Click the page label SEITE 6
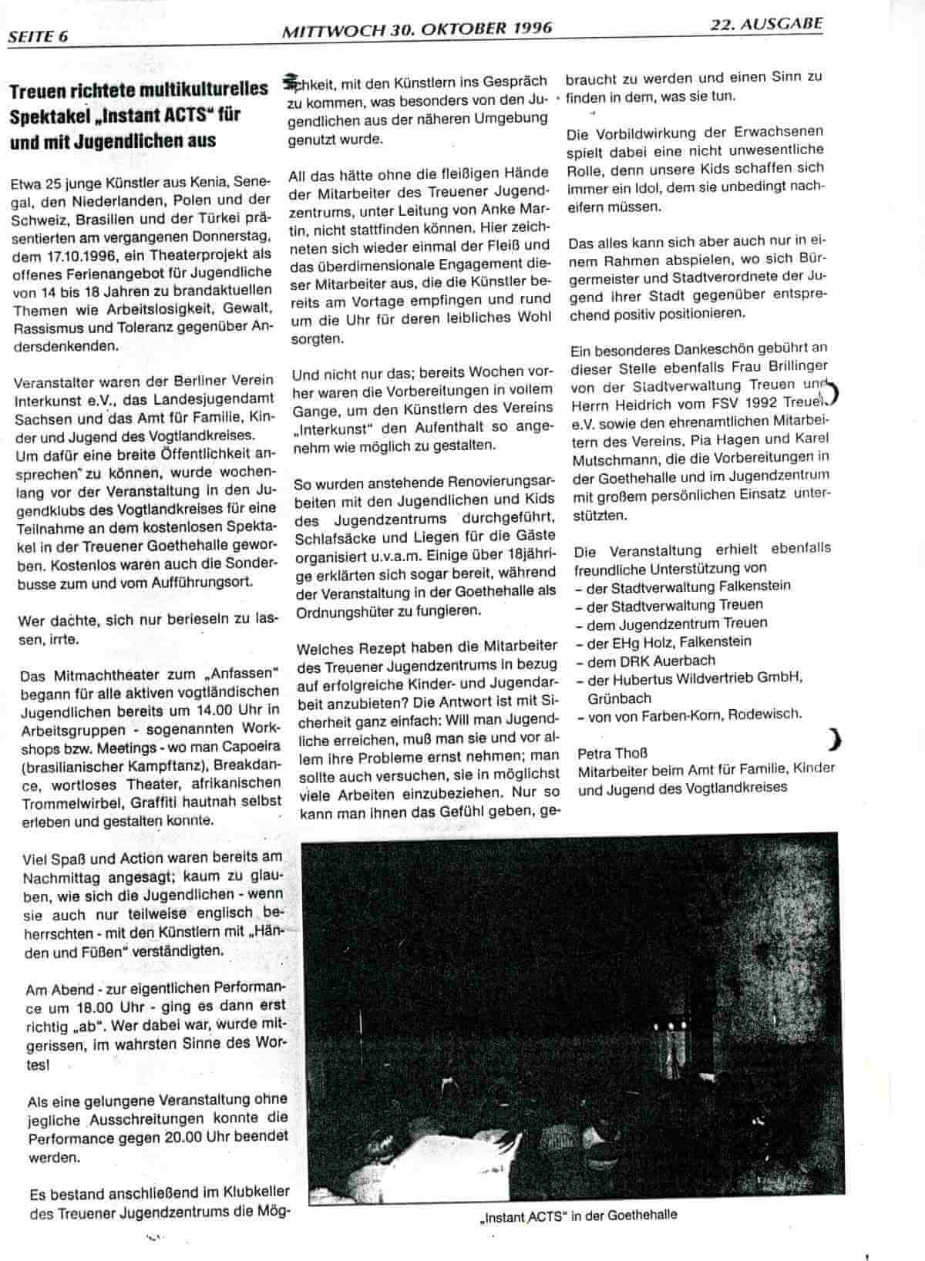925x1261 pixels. click(x=39, y=35)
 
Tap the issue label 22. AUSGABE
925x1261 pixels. click(x=766, y=23)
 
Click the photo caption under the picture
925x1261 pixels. click(x=577, y=1216)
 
